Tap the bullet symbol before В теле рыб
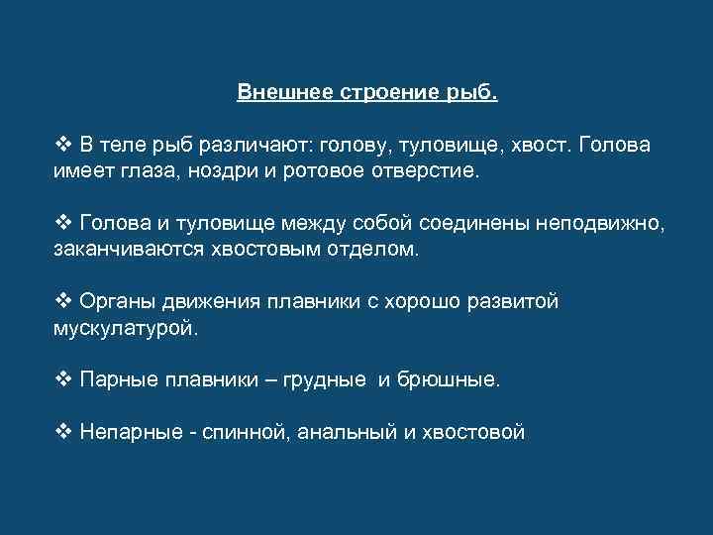click(x=62, y=146)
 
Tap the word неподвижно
click(x=600, y=223)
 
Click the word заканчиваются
click(x=127, y=249)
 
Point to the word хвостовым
click(x=257, y=249)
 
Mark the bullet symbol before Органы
click(x=62, y=300)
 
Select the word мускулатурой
click(x=124, y=326)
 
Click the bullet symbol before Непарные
click(x=62, y=431)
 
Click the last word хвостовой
click(x=473, y=431)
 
